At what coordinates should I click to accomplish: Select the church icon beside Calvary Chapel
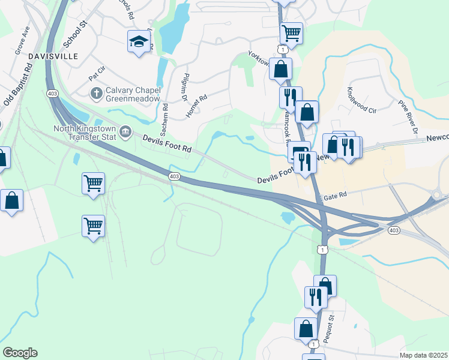coord(95,93)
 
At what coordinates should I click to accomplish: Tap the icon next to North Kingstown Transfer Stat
coord(125,131)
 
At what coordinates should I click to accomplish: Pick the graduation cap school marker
coord(139,43)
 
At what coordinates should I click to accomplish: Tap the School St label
coord(76,32)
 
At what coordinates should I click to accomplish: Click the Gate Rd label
coord(337,195)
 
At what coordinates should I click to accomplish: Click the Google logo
coord(19,353)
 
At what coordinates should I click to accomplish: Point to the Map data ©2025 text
coord(423,355)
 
